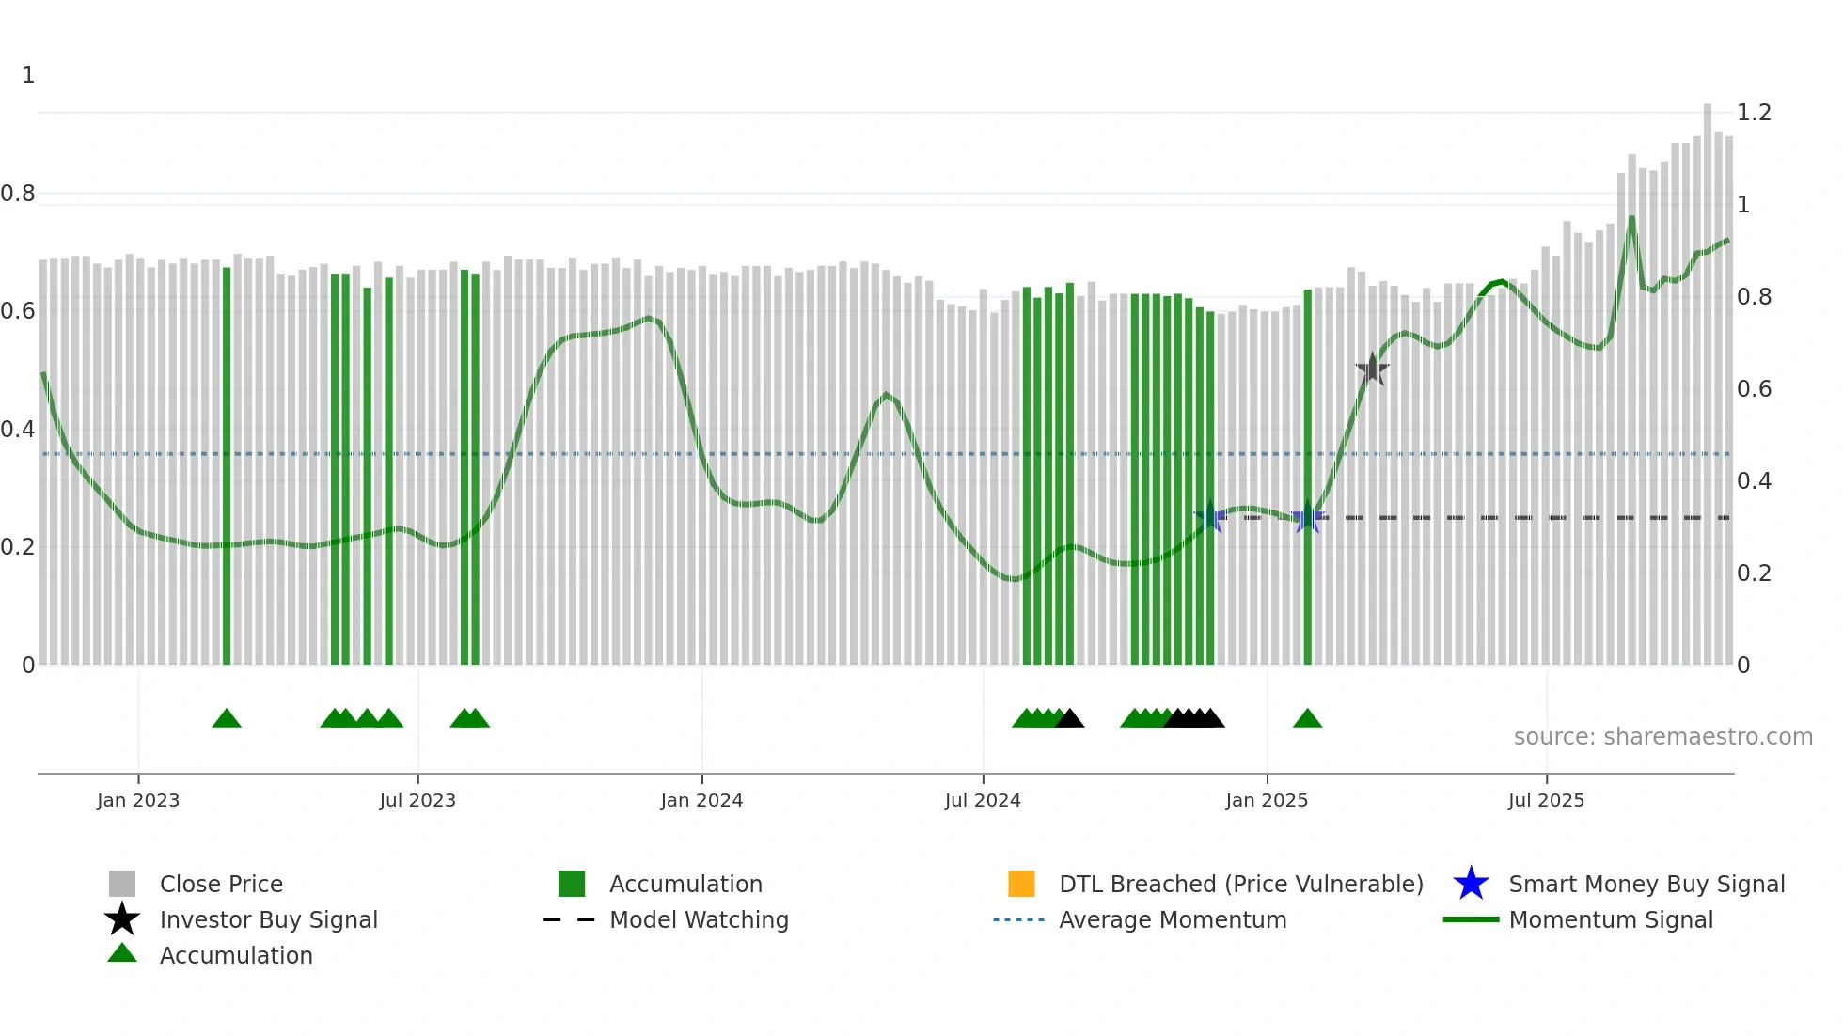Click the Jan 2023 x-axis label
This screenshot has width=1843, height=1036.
click(137, 800)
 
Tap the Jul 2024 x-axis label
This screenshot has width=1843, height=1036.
click(982, 800)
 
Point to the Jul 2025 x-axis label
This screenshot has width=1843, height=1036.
click(1546, 800)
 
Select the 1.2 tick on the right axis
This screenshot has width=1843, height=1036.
click(1754, 113)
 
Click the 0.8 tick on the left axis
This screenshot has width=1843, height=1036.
click(18, 194)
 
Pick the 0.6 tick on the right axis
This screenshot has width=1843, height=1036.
click(1754, 389)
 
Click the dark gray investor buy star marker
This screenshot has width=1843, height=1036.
click(1372, 369)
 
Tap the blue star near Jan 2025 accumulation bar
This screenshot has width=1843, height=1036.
click(1307, 517)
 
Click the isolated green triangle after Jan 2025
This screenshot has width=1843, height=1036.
click(1307, 719)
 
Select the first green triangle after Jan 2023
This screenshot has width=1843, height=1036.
click(227, 719)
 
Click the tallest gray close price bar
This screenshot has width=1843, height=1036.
click(1707, 376)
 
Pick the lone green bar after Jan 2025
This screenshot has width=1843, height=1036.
click(1307, 470)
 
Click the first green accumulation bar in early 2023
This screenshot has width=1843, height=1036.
click(227, 470)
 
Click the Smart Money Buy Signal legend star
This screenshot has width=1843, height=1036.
click(1471, 884)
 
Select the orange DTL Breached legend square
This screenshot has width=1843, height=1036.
click(1021, 884)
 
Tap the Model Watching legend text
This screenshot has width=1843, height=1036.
click(699, 919)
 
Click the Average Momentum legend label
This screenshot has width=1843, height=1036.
click(1173, 919)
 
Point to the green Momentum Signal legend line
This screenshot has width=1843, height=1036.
click(1471, 919)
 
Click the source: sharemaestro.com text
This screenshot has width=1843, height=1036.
click(1662, 737)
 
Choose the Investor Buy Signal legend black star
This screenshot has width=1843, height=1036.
click(122, 919)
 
